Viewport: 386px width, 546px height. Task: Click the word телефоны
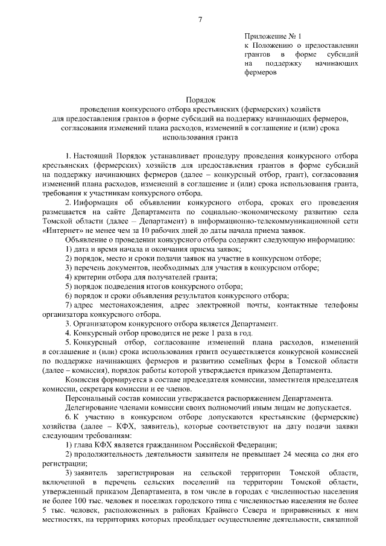point(341,305)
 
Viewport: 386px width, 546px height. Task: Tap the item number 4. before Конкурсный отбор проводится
point(68,333)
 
